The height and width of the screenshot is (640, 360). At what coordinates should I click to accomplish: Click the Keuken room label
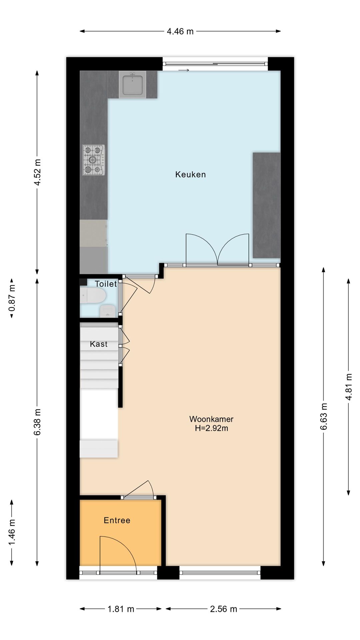[190, 174]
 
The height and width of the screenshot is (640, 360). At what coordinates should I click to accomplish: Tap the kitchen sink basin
[133, 85]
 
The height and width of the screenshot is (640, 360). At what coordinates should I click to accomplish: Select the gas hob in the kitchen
[94, 160]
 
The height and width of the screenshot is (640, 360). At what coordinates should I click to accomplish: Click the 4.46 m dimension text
[180, 31]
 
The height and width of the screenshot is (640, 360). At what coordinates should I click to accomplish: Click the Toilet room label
[106, 284]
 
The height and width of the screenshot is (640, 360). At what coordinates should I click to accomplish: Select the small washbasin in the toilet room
[107, 311]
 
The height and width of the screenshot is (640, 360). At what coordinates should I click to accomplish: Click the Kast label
[99, 344]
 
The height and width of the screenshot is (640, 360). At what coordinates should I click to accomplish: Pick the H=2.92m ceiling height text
[211, 428]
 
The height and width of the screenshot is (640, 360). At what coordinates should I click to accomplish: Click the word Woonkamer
[211, 419]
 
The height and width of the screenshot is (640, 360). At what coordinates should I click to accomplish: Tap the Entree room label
[117, 520]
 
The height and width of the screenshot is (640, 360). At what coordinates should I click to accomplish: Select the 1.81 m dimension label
[121, 609]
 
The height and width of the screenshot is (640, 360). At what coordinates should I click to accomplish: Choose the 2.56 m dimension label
[223, 609]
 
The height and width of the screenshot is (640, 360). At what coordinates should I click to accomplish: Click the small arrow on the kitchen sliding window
[184, 70]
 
